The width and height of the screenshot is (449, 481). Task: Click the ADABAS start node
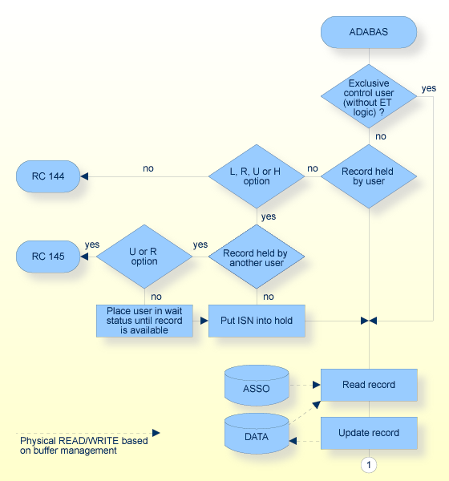[369, 32]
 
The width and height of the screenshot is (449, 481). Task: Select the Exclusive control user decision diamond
[369, 96]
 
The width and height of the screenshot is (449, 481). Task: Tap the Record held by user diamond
[369, 176]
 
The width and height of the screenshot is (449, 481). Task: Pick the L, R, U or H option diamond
[257, 176]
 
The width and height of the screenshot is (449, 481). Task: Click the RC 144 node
[48, 176]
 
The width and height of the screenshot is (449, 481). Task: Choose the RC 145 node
[48, 257]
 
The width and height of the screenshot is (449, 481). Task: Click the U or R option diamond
[144, 257]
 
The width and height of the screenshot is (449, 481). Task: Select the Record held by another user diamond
[257, 257]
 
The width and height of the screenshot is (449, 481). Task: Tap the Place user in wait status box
[144, 321]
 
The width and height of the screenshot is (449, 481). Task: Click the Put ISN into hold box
[257, 321]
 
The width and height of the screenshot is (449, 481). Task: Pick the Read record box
[369, 385]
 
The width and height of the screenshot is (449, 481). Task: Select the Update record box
[369, 433]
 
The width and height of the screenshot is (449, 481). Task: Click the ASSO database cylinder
[257, 387]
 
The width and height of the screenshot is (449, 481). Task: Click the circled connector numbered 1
[369, 464]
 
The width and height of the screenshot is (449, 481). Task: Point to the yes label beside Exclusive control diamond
[429, 88]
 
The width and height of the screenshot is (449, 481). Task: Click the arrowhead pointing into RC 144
[83, 176]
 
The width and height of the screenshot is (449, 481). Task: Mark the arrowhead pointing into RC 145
[83, 257]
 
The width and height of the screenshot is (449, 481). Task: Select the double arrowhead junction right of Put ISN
[369, 321]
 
